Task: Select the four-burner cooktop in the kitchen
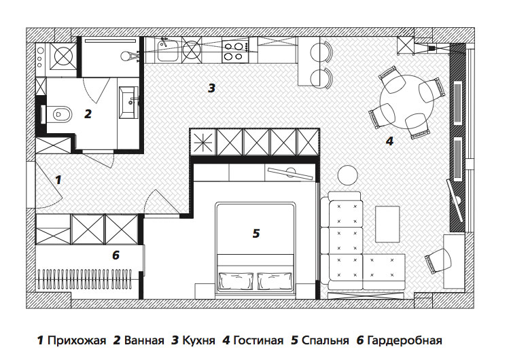coord(235,50)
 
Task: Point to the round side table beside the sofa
coord(348,175)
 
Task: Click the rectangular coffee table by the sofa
coord(388,224)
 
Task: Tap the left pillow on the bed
coord(236,281)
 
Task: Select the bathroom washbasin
coord(129,101)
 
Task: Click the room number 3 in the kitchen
coord(211,88)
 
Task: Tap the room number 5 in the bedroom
coord(256,233)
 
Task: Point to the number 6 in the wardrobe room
coord(116,255)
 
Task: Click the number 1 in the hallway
coord(58,180)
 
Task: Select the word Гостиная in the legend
coord(258,340)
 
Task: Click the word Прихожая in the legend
coord(77,340)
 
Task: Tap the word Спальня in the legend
coord(325,340)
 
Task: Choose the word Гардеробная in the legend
coord(404,340)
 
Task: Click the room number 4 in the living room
coord(389,141)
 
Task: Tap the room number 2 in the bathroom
coord(88,114)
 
